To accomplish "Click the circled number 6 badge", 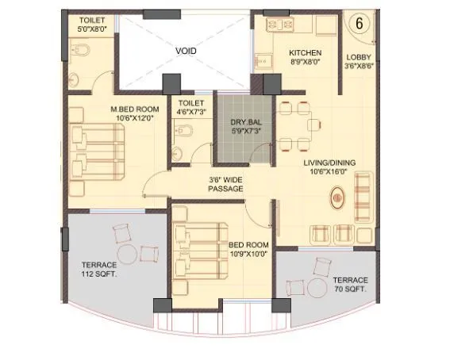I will (358, 23).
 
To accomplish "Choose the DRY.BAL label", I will (241, 122).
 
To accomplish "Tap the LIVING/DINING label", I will (329, 163).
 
